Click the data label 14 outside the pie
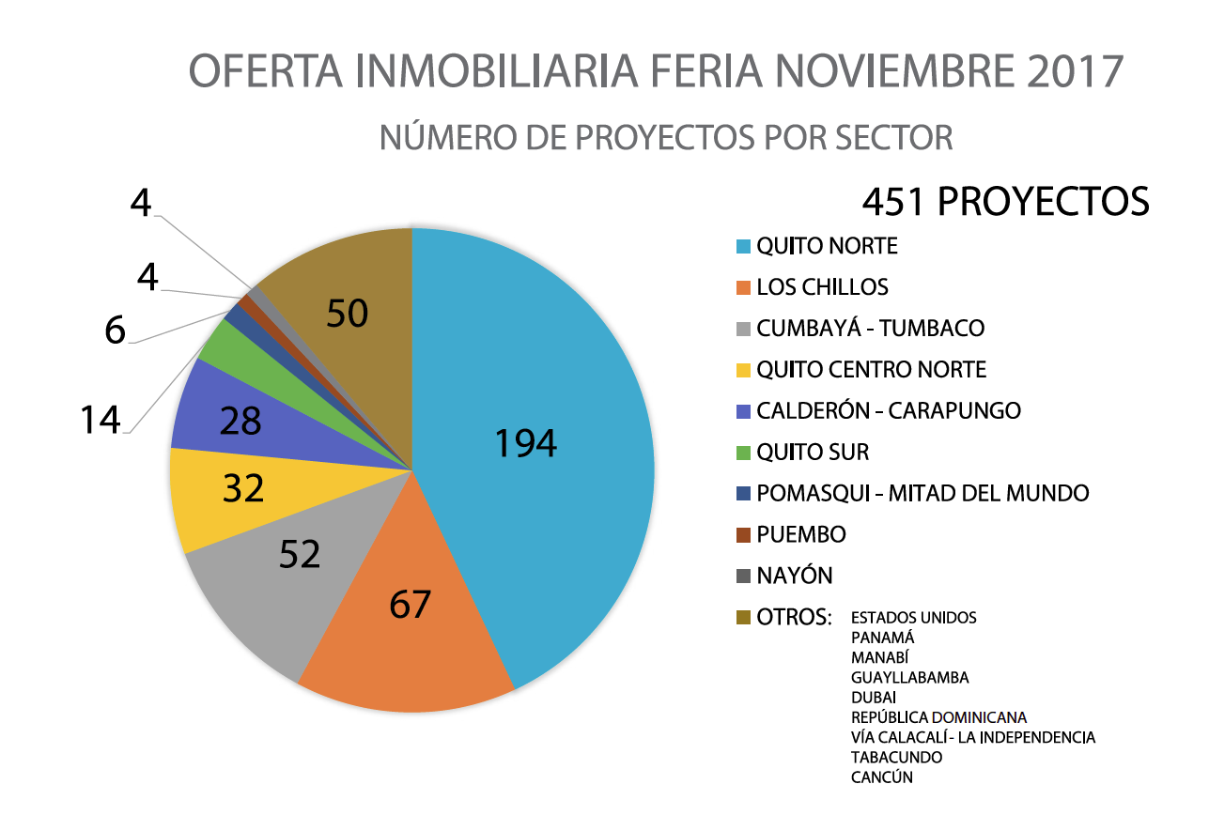[x=100, y=420]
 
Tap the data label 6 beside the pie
[x=115, y=330]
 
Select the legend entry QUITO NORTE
[x=827, y=246]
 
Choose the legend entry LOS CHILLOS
[x=822, y=287]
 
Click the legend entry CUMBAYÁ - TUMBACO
[x=870, y=329]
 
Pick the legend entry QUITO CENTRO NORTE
[x=871, y=370]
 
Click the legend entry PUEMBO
[x=800, y=534]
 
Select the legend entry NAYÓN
[x=795, y=576]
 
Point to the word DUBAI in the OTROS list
[x=874, y=698]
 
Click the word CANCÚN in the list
[x=882, y=777]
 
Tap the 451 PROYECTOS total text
[x=1005, y=201]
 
